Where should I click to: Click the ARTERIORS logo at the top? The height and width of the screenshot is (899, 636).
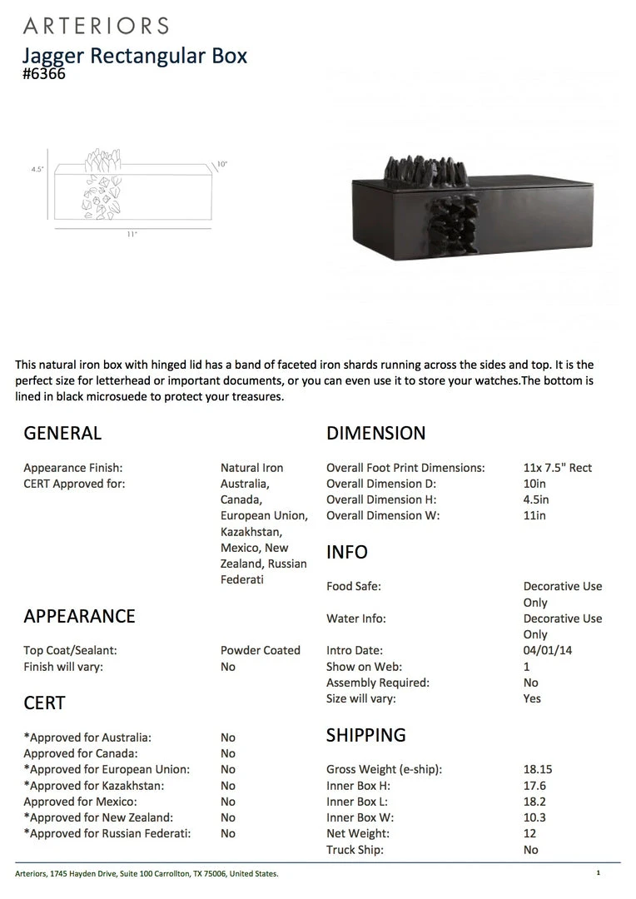(96, 26)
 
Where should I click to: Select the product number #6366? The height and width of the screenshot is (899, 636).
(44, 74)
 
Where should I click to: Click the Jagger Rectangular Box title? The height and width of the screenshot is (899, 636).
(135, 56)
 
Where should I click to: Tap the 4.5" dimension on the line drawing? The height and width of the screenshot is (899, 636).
(37, 169)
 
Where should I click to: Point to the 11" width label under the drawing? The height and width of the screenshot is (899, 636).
(132, 235)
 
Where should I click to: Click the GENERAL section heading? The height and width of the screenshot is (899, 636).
(62, 433)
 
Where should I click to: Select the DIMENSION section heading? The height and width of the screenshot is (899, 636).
(375, 433)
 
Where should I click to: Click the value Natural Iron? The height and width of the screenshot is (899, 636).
(251, 468)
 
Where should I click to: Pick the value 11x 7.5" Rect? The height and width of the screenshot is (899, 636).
(558, 468)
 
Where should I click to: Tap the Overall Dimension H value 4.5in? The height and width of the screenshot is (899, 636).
(536, 499)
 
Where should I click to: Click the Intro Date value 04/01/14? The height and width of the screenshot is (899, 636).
(547, 650)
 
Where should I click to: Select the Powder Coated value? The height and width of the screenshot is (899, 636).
(261, 650)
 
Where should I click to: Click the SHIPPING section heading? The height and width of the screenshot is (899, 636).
(366, 735)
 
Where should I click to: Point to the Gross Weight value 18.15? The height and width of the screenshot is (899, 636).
(538, 769)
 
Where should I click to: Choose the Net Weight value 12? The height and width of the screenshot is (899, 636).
(530, 833)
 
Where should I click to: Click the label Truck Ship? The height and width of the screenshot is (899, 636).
(355, 850)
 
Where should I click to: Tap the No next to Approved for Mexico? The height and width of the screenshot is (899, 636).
(228, 802)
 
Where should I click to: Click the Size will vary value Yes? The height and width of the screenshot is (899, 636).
(532, 698)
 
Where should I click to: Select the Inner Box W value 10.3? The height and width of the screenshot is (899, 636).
(534, 817)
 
